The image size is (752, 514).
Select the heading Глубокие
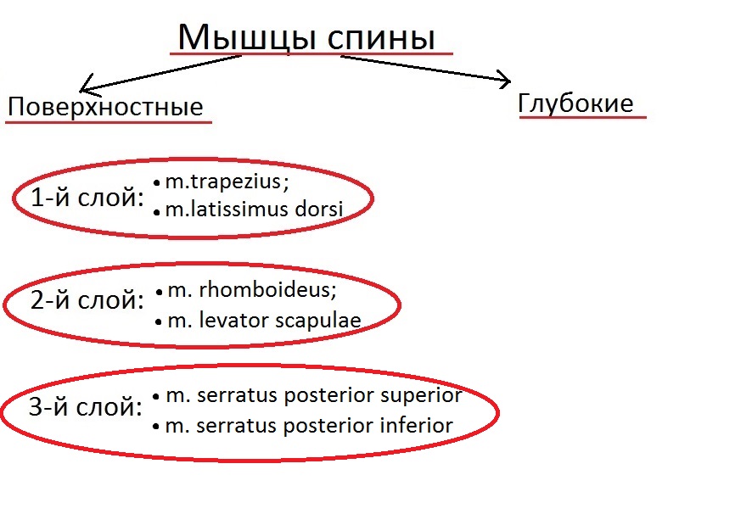[x=575, y=103]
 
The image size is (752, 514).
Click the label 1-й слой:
[x=87, y=197]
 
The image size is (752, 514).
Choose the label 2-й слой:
[x=87, y=300]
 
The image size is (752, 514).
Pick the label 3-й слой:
[x=86, y=406]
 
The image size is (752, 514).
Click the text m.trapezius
[x=223, y=182]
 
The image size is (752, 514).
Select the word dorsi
[x=319, y=209]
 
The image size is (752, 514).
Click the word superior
[x=421, y=396]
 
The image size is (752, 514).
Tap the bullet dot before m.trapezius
[x=157, y=182]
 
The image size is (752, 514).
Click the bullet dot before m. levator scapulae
[x=159, y=322]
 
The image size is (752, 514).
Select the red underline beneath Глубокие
[x=583, y=116]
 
